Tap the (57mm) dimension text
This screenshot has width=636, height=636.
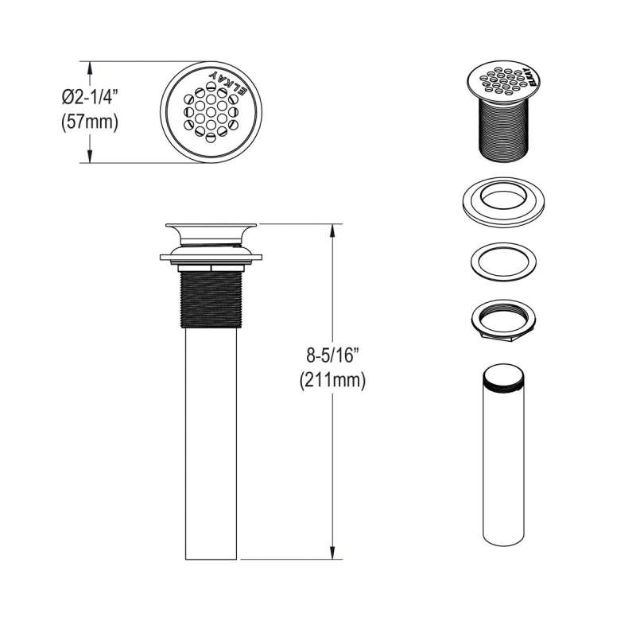pyautogui.click(x=90, y=122)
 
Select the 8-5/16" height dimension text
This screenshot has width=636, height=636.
pyautogui.click(x=332, y=355)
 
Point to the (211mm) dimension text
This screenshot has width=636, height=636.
pyautogui.click(x=332, y=381)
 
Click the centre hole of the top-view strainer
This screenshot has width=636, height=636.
pyautogui.click(x=211, y=112)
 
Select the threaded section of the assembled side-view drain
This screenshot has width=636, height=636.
pyautogui.click(x=211, y=300)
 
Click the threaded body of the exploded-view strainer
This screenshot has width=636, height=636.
pyautogui.click(x=504, y=129)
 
